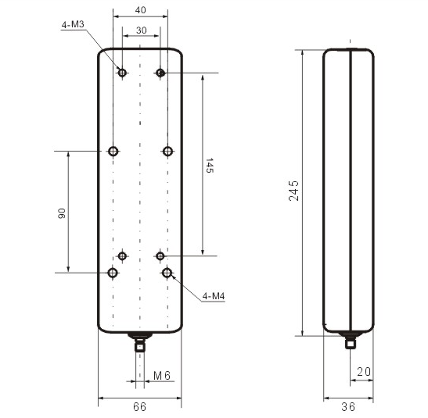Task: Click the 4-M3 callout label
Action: pos(73,25)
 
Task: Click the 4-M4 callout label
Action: pos(214,296)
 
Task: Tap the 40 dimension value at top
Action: pos(140,10)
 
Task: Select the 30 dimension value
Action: pos(141,30)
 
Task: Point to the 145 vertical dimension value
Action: pos(209,165)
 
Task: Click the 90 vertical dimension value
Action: pos(62,213)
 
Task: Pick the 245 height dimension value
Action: pos(293,191)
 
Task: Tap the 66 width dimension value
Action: pos(140,407)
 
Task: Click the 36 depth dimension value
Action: pos(348,407)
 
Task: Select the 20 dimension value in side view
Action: pos(364,372)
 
